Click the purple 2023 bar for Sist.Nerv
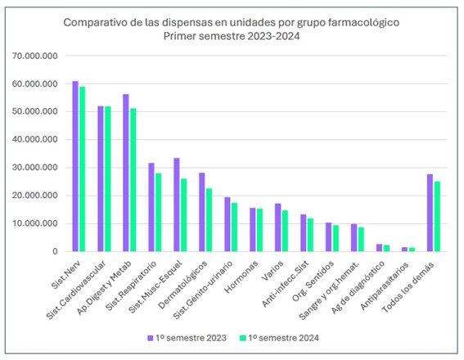(75, 166)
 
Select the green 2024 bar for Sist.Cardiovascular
(108, 179)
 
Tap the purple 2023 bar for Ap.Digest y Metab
(126, 173)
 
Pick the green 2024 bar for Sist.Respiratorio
(158, 213)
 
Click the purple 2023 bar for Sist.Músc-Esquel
(177, 205)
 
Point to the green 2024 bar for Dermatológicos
(209, 220)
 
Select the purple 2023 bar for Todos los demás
(430, 213)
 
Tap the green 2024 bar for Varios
(285, 231)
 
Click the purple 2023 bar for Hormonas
(252, 230)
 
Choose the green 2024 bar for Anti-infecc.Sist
(310, 235)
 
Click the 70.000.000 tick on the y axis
(35, 56)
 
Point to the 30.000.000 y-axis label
(35, 168)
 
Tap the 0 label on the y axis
(55, 251)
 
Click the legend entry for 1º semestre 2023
(187, 338)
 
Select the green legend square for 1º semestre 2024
(243, 338)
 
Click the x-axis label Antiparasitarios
(385, 286)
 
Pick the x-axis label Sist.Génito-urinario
(202, 290)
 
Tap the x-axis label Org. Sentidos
(313, 281)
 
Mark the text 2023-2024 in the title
(273, 36)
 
